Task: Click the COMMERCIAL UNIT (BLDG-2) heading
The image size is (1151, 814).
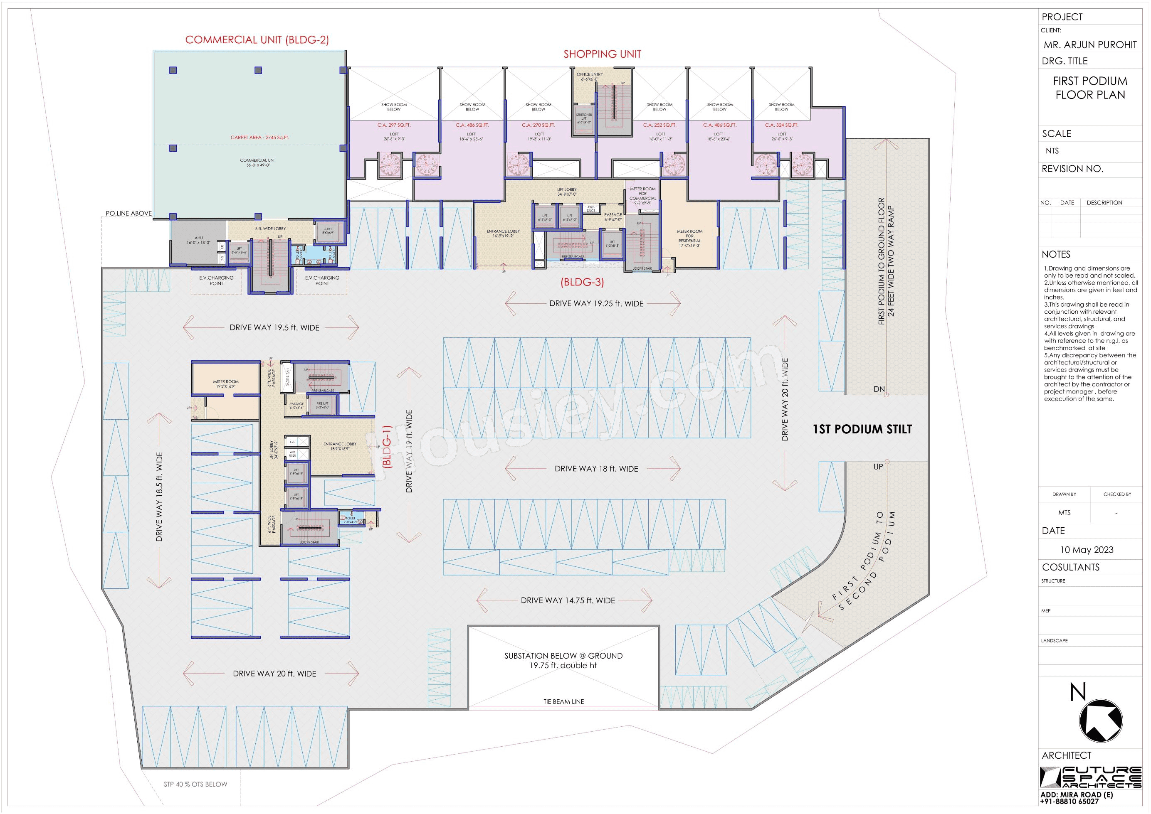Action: tap(257, 40)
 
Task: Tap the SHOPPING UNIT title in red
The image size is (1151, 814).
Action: tap(602, 54)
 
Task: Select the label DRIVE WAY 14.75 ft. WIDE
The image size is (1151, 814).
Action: tap(567, 600)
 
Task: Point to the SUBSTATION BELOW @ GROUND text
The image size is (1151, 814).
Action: tap(563, 656)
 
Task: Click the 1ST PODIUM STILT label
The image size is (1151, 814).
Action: tap(862, 429)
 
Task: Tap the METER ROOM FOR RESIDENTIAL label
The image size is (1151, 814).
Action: tap(689, 238)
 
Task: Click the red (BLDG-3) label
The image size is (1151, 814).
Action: tap(582, 282)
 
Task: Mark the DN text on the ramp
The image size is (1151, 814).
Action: tap(879, 389)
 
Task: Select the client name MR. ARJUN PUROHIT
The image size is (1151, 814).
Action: tap(1090, 44)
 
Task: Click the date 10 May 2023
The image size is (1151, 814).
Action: tap(1086, 550)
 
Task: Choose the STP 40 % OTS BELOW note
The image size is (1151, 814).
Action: tap(195, 784)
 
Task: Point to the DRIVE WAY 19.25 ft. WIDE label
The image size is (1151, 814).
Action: tap(596, 304)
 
